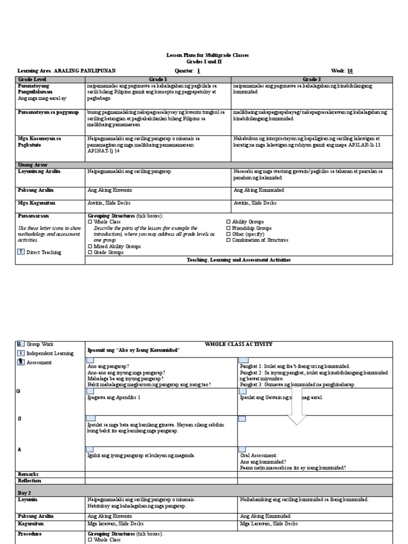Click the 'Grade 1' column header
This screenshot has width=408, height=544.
pos(158,78)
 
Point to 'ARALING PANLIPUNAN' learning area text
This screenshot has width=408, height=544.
pos(82,70)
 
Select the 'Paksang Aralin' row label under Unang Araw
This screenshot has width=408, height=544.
pos(35,190)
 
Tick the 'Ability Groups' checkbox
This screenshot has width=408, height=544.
pos(229,222)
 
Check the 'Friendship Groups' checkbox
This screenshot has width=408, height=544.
pos(229,228)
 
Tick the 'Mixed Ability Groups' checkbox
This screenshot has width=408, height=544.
pos(89,246)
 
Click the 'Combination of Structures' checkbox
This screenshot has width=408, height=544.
pos(229,240)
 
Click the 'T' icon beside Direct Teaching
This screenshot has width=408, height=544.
pos(21,252)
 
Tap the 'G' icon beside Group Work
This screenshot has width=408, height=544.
pos(21,344)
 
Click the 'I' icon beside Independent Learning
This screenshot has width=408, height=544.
pos(21,353)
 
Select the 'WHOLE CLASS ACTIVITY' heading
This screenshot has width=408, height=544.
pos(238,344)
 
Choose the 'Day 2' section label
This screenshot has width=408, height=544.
pos(24,493)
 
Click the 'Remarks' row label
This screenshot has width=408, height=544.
pos(28,474)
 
